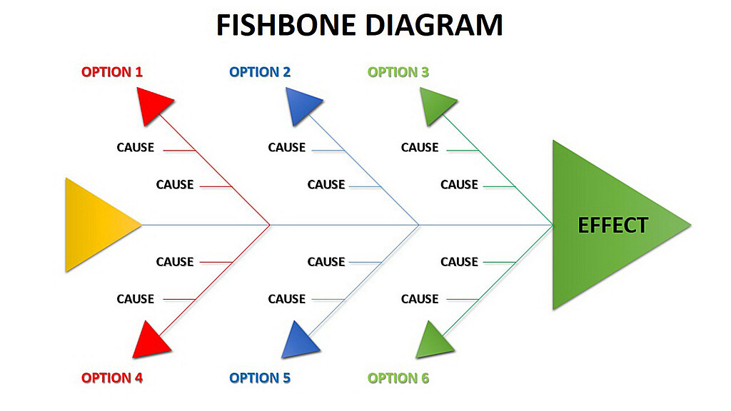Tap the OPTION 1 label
pos(112,71)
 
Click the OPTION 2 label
pos(260,71)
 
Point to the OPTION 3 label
pos(398,71)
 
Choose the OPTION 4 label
pos(112,377)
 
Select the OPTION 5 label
pos(260,377)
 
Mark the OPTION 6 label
pos(398,377)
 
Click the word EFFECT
pos(612,225)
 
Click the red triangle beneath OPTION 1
pos(153,104)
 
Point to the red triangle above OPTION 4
pos(151,341)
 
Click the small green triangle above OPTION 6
pos(434,340)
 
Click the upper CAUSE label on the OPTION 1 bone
pos(136,148)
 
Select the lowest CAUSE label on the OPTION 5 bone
pos(287,299)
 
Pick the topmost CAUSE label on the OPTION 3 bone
pos(420,148)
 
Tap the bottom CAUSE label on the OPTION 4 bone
pos(136,299)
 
